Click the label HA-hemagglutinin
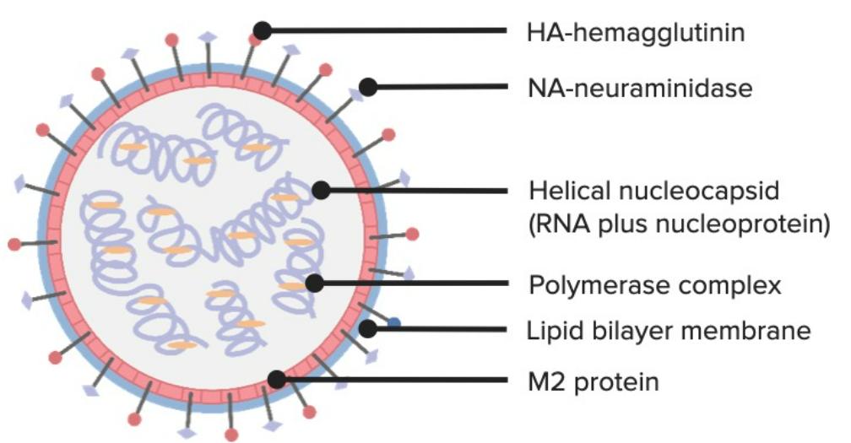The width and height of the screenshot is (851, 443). tap(636, 33)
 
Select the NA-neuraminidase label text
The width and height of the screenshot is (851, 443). tap(640, 88)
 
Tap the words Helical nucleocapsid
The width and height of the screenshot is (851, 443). tap(654, 191)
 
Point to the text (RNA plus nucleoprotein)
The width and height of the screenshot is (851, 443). tap(679, 224)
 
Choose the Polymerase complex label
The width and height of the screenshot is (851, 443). tap(655, 285)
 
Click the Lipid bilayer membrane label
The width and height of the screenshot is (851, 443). tap(669, 330)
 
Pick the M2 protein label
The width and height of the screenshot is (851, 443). tap(594, 381)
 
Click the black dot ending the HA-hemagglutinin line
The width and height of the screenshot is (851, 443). tap(263, 31)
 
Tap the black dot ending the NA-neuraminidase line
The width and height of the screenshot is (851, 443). tap(368, 87)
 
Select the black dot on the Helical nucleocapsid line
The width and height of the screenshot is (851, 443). tap(321, 191)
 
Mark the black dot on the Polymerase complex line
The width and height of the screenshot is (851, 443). tap(314, 283)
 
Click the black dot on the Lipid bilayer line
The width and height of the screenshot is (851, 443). tap(368, 328)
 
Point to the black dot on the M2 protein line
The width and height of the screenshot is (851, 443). tap(277, 380)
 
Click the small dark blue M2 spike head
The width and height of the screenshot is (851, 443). tap(394, 324)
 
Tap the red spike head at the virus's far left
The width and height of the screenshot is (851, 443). tap(14, 245)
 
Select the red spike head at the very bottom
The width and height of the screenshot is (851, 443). tap(231, 435)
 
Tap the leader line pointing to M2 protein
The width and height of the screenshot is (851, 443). tap(392, 380)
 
